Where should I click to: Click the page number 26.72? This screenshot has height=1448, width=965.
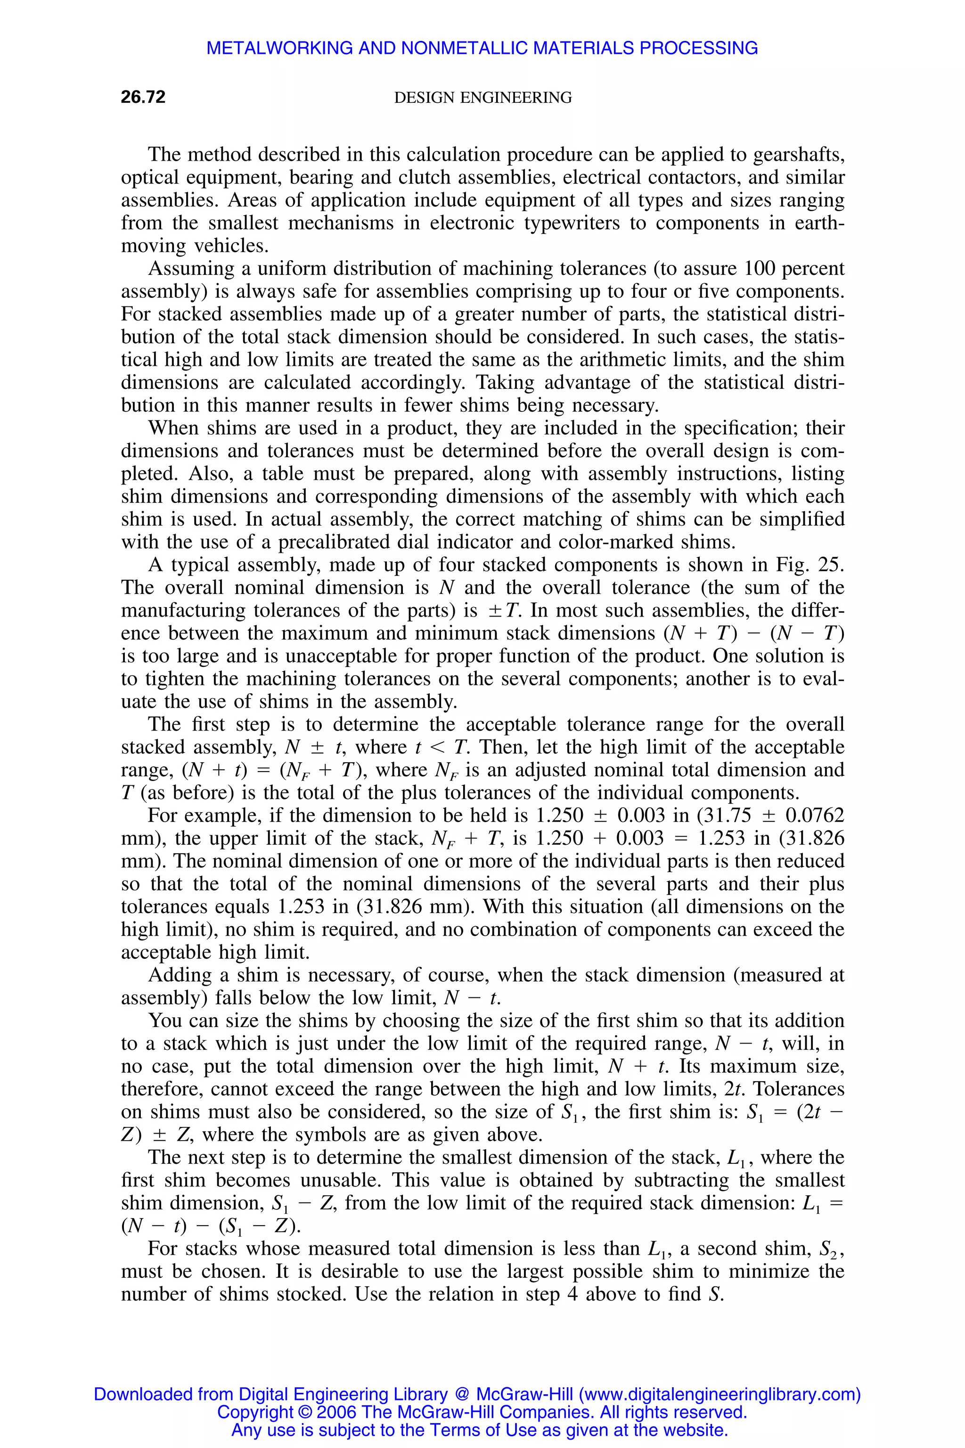pyautogui.click(x=143, y=97)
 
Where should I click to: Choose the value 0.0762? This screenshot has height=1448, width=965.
pyautogui.click(x=816, y=815)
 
